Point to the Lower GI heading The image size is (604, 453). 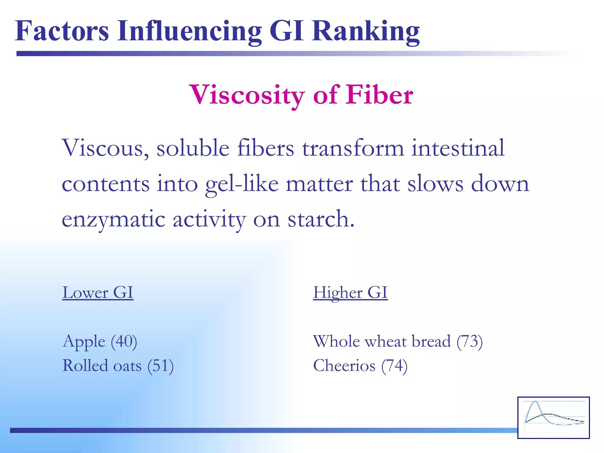coord(98,293)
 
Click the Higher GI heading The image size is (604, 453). coord(350,293)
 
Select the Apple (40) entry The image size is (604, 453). coord(100,342)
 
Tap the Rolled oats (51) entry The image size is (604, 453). coord(118,366)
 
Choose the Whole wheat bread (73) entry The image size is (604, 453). coord(398,342)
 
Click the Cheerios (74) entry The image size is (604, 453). coord(360,366)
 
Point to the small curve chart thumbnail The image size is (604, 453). coord(553,417)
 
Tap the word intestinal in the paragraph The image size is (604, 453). coord(458,148)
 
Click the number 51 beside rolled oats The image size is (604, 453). coord(161,366)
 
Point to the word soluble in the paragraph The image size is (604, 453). coord(193,148)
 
